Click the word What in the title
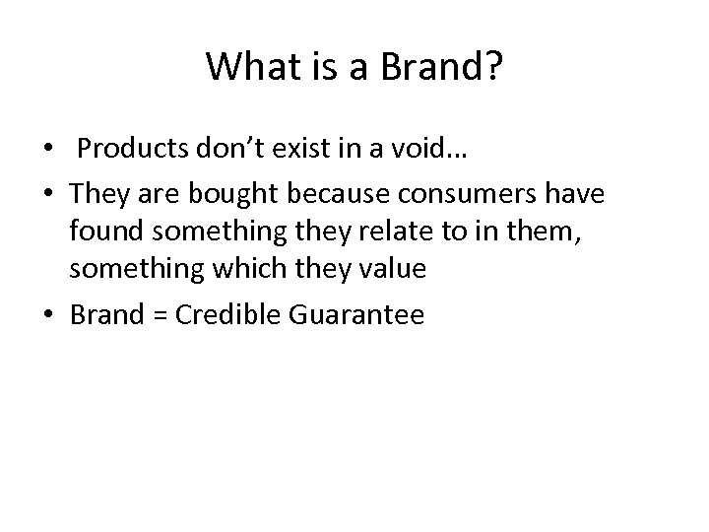243,67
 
